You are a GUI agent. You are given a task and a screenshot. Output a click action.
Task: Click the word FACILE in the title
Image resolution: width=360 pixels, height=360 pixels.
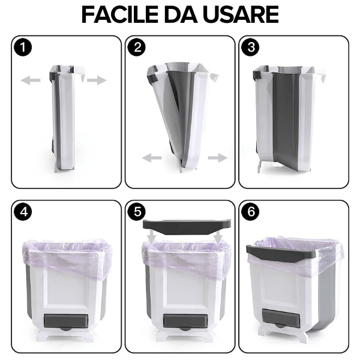120,14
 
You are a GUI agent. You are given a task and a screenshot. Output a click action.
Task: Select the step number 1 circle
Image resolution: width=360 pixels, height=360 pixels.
23,47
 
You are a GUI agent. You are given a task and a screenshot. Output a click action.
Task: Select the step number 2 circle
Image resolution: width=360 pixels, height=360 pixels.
137,47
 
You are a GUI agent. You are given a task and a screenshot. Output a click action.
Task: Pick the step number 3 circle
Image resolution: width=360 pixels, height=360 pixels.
250,47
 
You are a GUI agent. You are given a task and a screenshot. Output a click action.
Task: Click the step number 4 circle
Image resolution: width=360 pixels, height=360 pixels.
23,211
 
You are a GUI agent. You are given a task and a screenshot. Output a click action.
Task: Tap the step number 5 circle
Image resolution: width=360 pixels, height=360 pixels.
137,211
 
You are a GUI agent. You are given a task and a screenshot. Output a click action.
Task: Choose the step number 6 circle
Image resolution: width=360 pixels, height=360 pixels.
250,211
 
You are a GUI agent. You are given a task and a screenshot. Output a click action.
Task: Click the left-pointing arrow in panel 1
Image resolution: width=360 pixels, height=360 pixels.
31,80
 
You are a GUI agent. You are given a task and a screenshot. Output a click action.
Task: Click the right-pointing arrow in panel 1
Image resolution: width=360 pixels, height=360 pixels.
97,80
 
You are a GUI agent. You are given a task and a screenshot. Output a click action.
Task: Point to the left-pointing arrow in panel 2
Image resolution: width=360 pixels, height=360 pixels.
152,158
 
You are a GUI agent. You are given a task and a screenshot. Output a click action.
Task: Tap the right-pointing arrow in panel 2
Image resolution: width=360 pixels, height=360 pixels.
218,158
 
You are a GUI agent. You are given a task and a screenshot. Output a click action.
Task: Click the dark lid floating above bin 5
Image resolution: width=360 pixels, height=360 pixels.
187,226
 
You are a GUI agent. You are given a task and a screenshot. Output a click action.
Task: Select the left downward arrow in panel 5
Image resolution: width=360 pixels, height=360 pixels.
152,237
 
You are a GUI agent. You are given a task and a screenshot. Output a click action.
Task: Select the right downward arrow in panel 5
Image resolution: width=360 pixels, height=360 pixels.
218,237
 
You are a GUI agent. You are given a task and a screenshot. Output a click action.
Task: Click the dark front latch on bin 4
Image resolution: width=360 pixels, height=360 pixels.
66,322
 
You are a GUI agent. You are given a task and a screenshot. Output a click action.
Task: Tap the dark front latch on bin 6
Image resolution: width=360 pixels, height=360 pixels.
281,319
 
